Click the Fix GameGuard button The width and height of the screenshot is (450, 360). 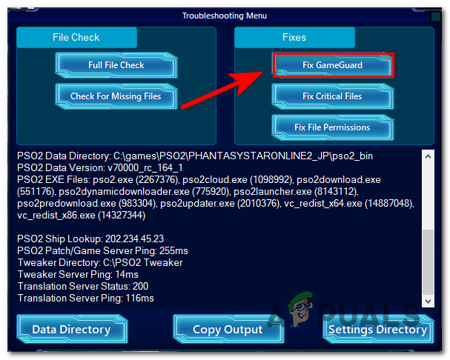click(332, 65)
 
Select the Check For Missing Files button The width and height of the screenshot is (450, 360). click(116, 96)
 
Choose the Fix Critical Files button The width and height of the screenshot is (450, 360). click(332, 96)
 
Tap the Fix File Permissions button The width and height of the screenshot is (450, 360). click(332, 127)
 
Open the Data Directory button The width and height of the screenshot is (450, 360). click(71, 330)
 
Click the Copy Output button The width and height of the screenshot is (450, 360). click(228, 330)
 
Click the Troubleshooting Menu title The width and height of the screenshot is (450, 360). click(225, 16)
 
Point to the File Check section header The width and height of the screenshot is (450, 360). click(77, 37)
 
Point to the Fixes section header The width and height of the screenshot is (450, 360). click(294, 37)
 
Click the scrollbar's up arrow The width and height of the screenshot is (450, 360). click(426, 156)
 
